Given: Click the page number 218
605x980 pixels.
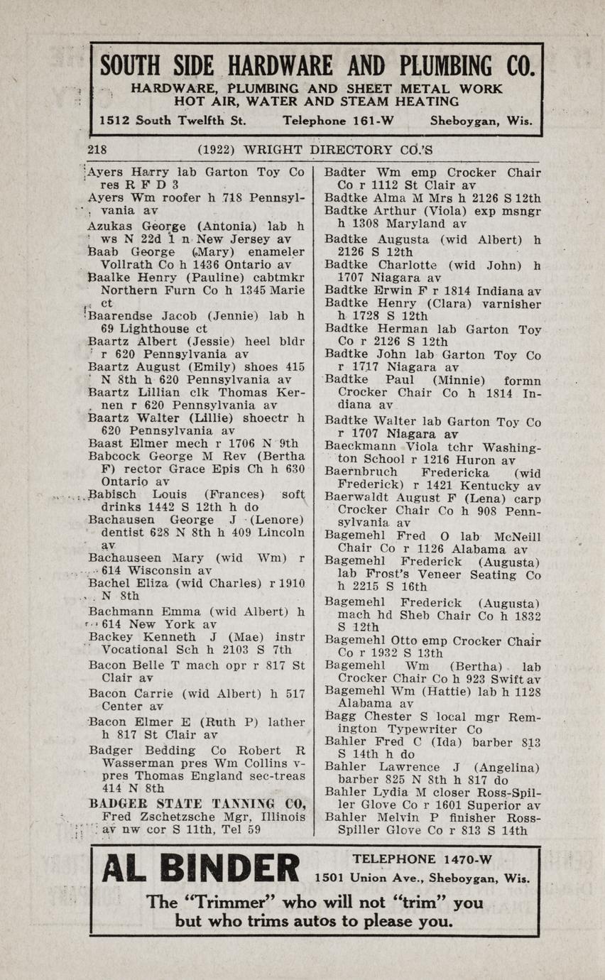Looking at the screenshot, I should (x=97, y=150).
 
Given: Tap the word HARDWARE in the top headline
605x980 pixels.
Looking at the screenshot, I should (x=271, y=66).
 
